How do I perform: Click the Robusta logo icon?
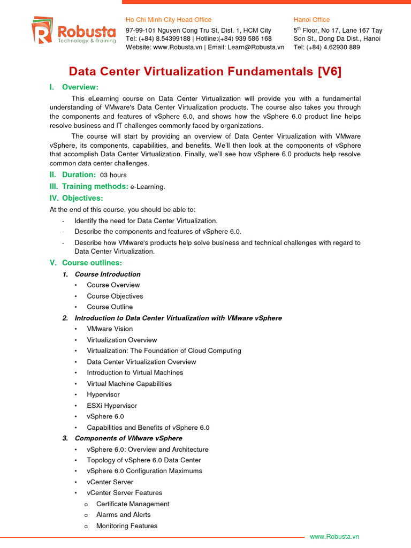tap(41, 30)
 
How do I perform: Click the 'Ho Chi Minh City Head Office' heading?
tap(169, 20)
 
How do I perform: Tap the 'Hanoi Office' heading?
tap(311, 20)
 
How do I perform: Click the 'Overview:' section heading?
tap(80, 87)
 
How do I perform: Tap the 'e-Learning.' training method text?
tap(148, 187)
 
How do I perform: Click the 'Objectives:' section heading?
tap(82, 198)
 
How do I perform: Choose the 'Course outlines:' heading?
tap(92, 263)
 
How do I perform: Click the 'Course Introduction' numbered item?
tap(108, 274)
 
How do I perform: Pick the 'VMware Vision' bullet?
tap(110, 329)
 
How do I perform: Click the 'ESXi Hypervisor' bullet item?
tap(112, 406)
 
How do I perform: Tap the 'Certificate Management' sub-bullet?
tap(133, 504)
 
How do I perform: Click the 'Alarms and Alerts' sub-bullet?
tap(123, 515)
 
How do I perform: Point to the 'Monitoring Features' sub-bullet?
tap(127, 526)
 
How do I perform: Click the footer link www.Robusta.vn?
tap(334, 537)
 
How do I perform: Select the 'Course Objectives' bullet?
tap(115, 296)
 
